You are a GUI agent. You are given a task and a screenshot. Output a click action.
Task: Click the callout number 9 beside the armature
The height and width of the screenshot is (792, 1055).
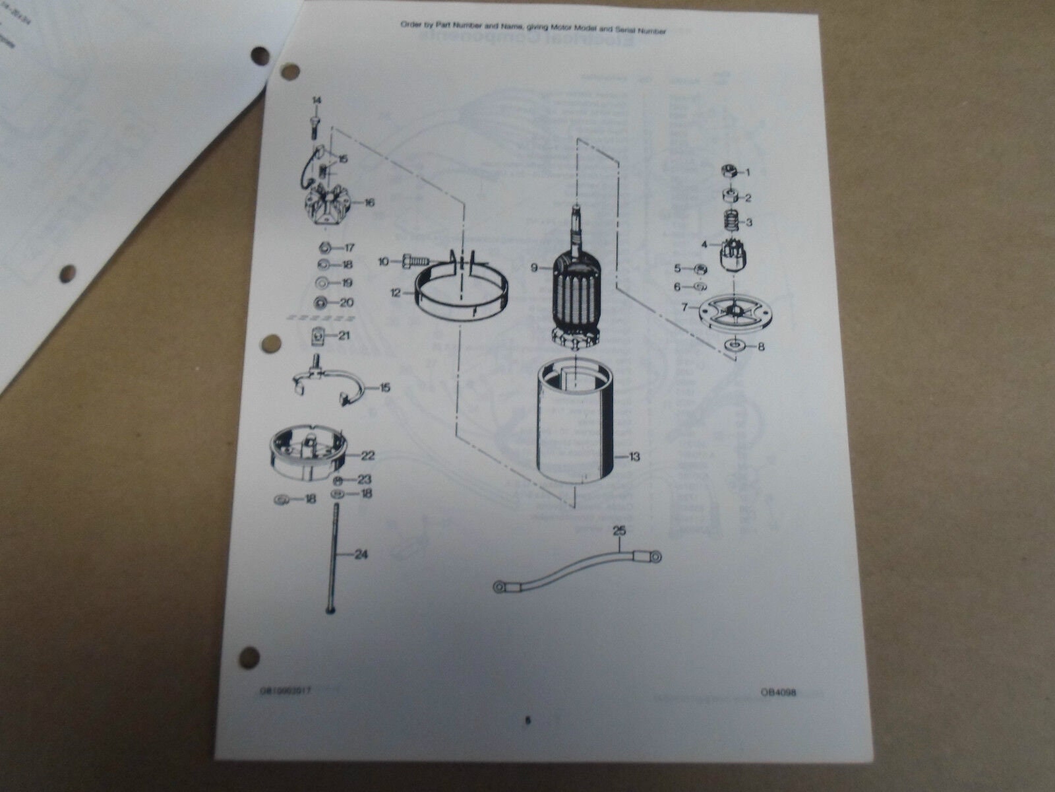click(x=535, y=268)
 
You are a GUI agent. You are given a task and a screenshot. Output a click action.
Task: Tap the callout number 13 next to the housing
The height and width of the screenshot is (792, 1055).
click(x=634, y=456)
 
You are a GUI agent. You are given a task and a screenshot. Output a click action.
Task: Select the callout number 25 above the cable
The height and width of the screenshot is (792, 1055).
click(x=618, y=530)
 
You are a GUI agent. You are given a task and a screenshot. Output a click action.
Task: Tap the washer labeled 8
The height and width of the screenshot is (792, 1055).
click(x=734, y=345)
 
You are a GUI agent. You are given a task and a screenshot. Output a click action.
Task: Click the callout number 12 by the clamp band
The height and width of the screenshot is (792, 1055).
click(x=396, y=294)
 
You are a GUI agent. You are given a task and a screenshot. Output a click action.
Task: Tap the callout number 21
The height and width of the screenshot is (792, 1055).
click(x=344, y=335)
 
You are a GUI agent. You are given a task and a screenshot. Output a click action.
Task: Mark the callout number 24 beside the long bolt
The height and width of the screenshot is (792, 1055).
click(x=360, y=554)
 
